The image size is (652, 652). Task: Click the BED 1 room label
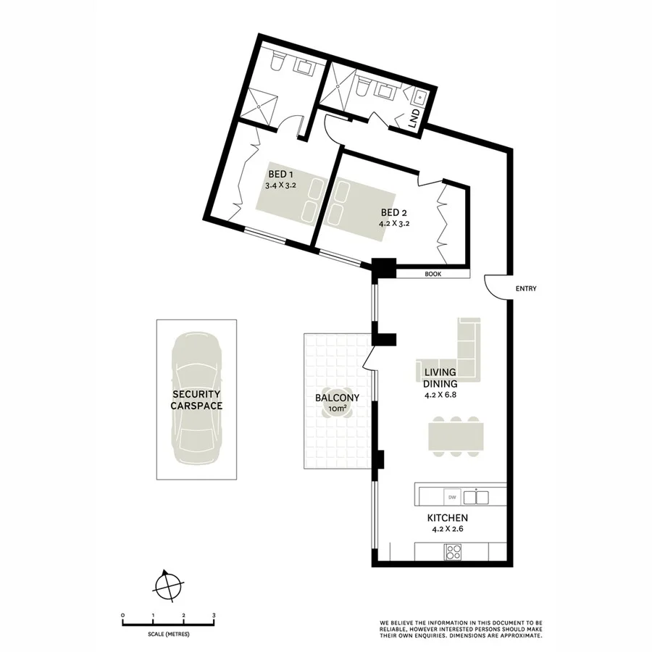[280, 175]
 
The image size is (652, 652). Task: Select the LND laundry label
[414, 120]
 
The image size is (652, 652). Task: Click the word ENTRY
[526, 289]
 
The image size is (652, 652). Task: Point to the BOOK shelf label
[433, 275]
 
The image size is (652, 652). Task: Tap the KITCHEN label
[447, 518]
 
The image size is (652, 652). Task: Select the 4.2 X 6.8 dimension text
[445, 396]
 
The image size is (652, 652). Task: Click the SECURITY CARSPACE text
[196, 400]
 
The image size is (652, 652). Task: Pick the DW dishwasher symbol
[451, 497]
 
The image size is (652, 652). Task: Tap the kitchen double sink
[476, 497]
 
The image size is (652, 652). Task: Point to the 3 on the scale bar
[214, 615]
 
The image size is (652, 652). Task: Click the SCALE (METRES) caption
[168, 634]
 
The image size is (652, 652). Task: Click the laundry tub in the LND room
[420, 94]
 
